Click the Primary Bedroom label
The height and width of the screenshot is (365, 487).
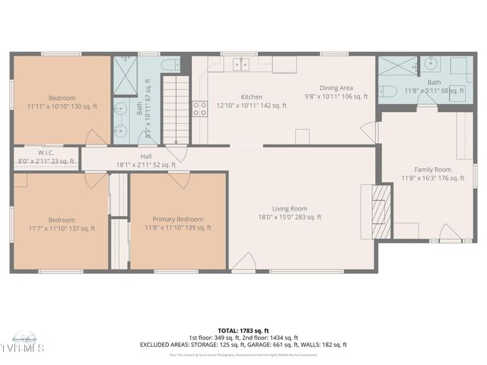pyautogui.click(x=177, y=218)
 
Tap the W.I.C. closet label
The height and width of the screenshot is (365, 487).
pyautogui.click(x=46, y=152)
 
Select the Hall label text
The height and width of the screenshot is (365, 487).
pyautogui.click(x=145, y=156)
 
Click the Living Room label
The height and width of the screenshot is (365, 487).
pyautogui.click(x=289, y=208)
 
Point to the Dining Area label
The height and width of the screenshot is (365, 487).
pyautogui.click(x=336, y=88)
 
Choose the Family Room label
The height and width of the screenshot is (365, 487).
pyautogui.click(x=432, y=170)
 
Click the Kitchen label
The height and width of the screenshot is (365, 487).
pyautogui.click(x=251, y=97)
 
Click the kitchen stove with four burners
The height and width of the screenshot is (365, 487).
pyautogui.click(x=200, y=109)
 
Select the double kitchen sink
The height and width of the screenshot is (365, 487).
pyautogui.click(x=242, y=65)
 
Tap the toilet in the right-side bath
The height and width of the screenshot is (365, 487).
pyautogui.click(x=387, y=92)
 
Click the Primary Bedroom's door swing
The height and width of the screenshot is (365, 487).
pyautogui.click(x=180, y=179)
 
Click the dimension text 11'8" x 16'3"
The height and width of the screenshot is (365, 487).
pyautogui.click(x=432, y=179)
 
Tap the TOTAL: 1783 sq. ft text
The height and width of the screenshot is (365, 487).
pyautogui.click(x=243, y=330)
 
